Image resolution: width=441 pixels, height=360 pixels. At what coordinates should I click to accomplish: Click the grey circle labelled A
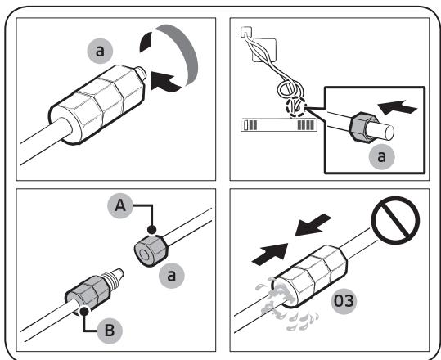tap(120, 206)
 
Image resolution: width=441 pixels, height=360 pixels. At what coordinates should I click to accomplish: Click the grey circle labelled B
tap(110, 331)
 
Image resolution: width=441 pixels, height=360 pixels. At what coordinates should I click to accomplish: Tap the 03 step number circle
tap(344, 301)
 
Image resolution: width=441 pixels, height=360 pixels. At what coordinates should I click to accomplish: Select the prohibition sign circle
tap(395, 220)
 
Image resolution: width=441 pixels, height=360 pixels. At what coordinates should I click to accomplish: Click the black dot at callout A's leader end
tap(151, 229)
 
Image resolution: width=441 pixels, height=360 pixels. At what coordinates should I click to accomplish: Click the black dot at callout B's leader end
tap(83, 312)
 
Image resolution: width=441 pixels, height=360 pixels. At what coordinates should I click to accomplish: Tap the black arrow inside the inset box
tap(397, 107)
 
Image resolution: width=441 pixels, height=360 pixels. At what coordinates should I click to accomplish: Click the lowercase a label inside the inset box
tap(381, 156)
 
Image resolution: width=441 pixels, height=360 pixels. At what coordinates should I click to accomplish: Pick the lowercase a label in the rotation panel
tap(100, 51)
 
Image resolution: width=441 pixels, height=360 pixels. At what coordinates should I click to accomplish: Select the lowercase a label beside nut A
tap(171, 276)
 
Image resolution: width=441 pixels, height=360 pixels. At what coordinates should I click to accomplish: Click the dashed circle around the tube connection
tap(296, 107)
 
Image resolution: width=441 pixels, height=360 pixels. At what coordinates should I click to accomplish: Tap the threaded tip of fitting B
tap(114, 276)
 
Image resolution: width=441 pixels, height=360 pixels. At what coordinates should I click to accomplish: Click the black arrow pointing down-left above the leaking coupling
tap(313, 224)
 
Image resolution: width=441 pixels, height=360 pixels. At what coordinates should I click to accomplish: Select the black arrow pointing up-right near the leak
tap(270, 254)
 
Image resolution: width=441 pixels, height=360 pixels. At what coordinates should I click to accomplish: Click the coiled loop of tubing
tap(290, 89)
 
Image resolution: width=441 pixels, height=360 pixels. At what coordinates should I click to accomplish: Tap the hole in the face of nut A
tap(145, 255)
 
